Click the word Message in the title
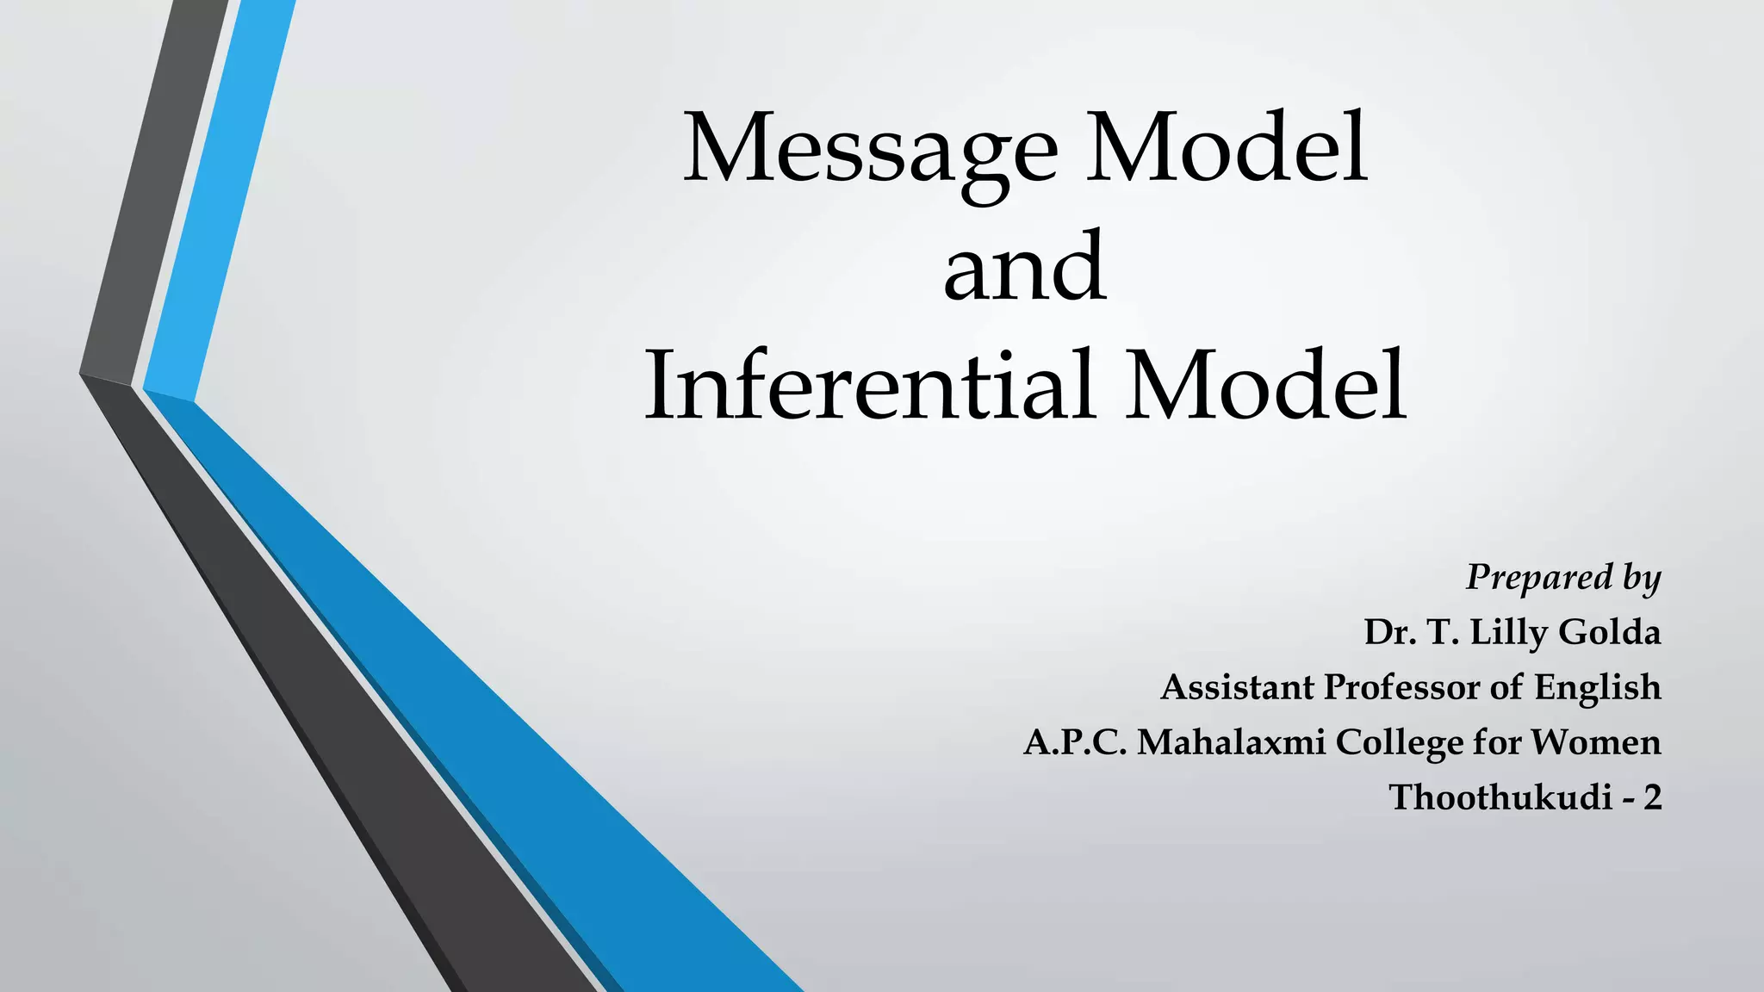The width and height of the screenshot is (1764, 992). click(x=870, y=151)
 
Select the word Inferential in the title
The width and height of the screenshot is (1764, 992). click(x=870, y=386)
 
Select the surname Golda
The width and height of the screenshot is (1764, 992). click(x=1609, y=633)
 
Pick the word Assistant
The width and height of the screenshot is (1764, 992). click(x=1238, y=688)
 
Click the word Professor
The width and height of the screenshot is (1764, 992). click(x=1401, y=688)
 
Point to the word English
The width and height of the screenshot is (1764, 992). click(x=1597, y=688)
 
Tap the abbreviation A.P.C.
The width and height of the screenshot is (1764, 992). click(x=1075, y=742)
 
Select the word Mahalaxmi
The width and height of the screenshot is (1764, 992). click(x=1232, y=742)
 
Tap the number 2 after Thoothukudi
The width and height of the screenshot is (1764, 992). click(x=1651, y=797)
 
